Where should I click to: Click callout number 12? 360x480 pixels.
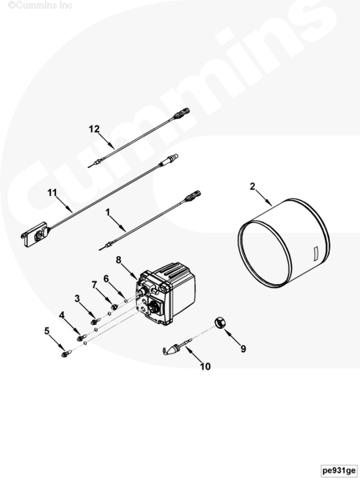(x=94, y=129)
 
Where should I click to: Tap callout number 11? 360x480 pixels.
(x=52, y=193)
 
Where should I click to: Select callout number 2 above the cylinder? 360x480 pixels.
(x=252, y=186)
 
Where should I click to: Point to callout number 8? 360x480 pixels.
(x=118, y=260)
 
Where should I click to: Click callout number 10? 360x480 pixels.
(x=206, y=366)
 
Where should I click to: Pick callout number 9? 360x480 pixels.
(x=243, y=349)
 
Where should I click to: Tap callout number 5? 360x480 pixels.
(x=47, y=330)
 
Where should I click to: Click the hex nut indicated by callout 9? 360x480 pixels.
(x=219, y=322)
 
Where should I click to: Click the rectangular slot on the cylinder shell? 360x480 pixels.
(x=315, y=254)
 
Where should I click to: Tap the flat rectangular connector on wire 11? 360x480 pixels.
(x=34, y=234)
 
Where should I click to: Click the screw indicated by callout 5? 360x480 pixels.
(x=66, y=354)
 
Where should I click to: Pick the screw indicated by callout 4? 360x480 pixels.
(x=81, y=338)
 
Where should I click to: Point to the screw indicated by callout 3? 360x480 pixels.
(x=95, y=321)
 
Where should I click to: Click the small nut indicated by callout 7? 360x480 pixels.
(x=114, y=306)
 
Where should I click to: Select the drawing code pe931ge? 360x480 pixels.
(x=339, y=470)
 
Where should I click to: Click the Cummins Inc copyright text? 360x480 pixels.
(x=40, y=6)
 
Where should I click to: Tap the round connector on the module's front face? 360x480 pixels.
(x=153, y=307)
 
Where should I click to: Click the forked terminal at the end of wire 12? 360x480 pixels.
(x=182, y=114)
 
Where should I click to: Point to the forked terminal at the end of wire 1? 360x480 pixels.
(x=193, y=196)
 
